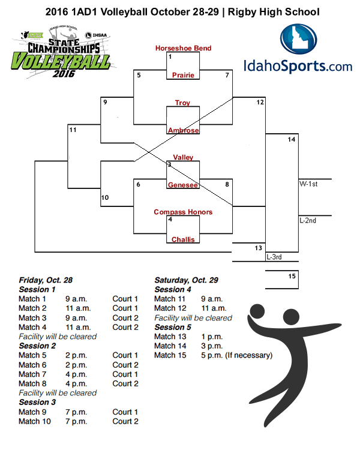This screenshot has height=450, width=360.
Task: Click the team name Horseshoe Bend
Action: pyautogui.click(x=183, y=48)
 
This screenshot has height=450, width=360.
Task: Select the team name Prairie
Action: pyautogui.click(x=183, y=76)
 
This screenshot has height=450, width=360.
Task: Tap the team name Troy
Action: pyautogui.click(x=182, y=103)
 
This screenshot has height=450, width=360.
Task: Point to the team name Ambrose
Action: pyautogui.click(x=183, y=130)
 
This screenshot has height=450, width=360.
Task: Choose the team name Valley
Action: pyautogui.click(x=183, y=157)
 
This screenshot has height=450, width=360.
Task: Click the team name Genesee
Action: pyautogui.click(x=183, y=185)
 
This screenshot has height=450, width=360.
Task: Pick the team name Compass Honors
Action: pyautogui.click(x=183, y=212)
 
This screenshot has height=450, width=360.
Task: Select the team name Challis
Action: pyautogui.click(x=183, y=239)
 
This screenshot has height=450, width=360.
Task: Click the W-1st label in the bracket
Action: pyautogui.click(x=308, y=184)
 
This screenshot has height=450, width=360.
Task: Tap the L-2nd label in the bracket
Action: pyautogui.click(x=308, y=220)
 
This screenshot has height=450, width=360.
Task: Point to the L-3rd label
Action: pyautogui.click(x=274, y=257)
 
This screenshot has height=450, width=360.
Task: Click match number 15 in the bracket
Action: pyautogui.click(x=292, y=276)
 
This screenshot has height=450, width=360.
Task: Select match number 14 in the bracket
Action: pyautogui.click(x=292, y=139)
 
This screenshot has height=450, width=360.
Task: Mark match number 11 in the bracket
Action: pyautogui.click(x=73, y=130)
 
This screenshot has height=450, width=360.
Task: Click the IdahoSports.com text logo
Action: pyautogui.click(x=298, y=66)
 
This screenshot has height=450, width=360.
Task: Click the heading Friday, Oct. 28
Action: pyautogui.click(x=46, y=280)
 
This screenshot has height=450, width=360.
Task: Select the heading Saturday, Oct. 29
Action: pyautogui.click(x=186, y=280)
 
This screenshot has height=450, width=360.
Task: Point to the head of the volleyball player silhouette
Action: pyautogui.click(x=257, y=312)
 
